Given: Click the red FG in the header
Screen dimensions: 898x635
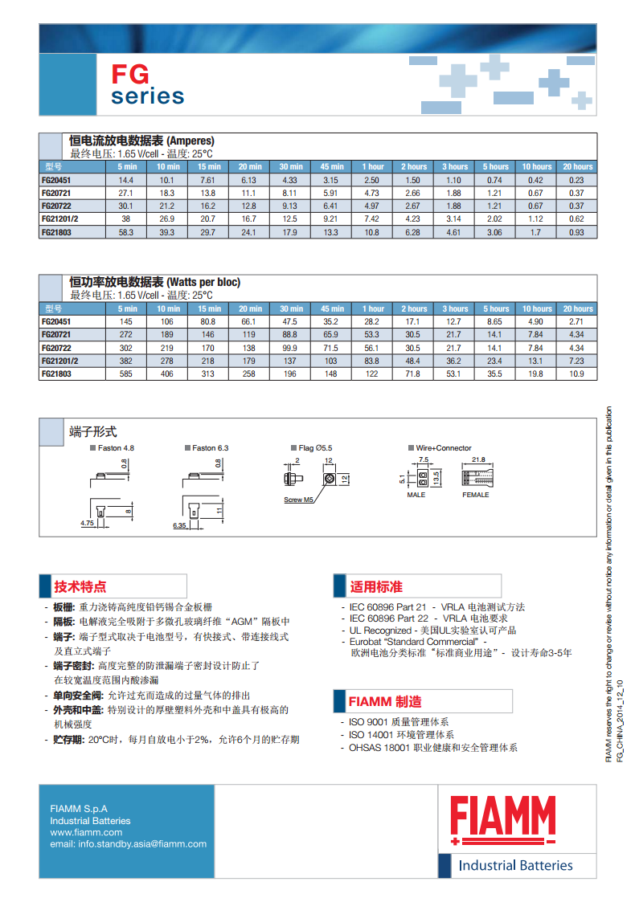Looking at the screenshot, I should tap(130, 75).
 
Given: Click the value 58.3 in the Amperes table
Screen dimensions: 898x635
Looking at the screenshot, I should tap(127, 232).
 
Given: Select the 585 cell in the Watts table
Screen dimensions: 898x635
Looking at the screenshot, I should tap(127, 374).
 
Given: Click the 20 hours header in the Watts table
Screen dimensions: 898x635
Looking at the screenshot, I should tap(578, 308).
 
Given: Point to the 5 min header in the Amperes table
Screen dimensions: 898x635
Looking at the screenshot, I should tap(127, 166).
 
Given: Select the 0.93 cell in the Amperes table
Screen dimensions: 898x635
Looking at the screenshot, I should tap(576, 232).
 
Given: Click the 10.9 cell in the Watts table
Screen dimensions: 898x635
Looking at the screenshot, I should tap(576, 374).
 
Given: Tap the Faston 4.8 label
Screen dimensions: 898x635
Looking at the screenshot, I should tap(116, 448).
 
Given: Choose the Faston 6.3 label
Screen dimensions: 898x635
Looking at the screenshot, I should tap(211, 448).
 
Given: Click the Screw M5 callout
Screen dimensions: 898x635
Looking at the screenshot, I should tap(298, 500).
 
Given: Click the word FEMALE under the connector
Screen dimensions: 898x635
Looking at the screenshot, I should tap(475, 495).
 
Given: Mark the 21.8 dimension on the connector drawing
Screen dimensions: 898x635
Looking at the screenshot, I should tap(478, 459).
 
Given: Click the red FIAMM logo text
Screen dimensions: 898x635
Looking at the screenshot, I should tap(503, 816).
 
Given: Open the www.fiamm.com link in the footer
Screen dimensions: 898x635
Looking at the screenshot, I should tap(86, 832).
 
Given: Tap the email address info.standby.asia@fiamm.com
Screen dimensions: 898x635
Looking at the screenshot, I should tap(128, 843).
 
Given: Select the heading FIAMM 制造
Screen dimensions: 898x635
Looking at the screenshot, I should tap(385, 702).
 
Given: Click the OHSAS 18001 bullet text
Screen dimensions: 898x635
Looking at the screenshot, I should tap(433, 747).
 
